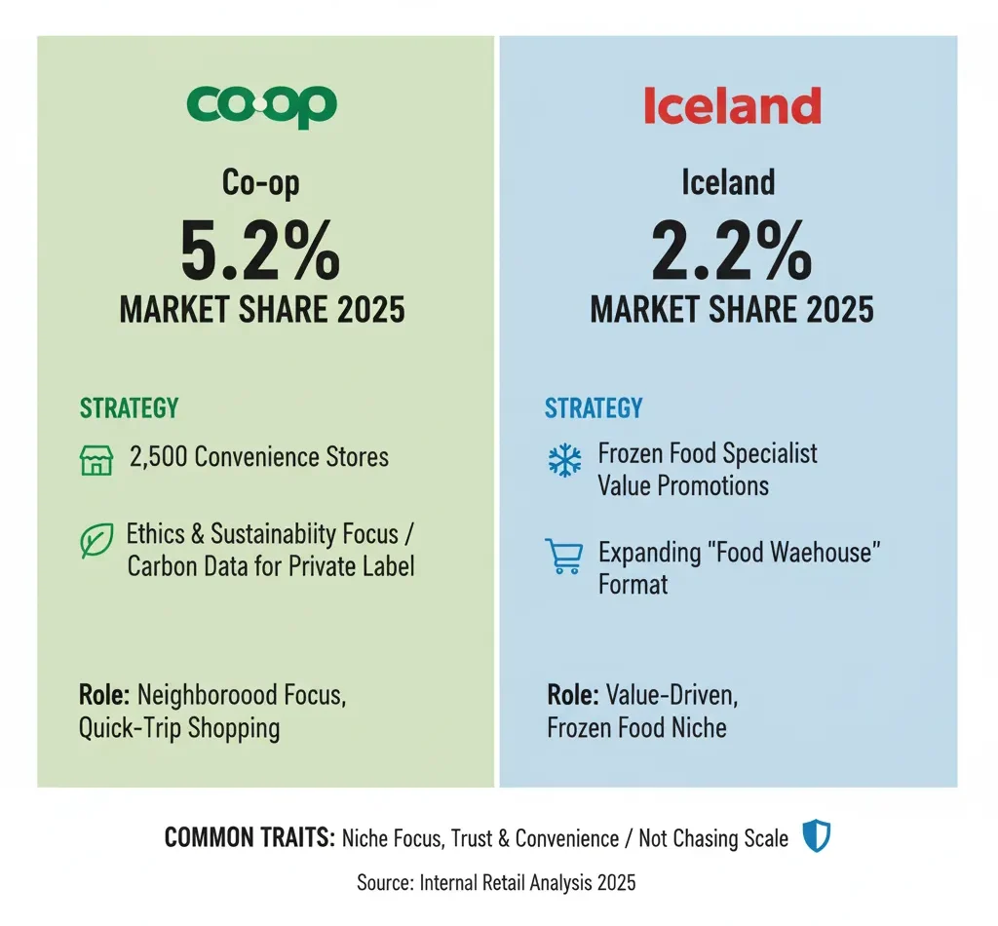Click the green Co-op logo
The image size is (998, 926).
[x=261, y=105]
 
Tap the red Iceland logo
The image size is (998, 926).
[x=732, y=105]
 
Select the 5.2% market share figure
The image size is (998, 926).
[x=261, y=251]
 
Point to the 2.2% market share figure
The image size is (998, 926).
[x=731, y=251]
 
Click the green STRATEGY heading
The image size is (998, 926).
[x=129, y=407]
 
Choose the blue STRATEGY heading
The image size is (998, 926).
[x=594, y=407]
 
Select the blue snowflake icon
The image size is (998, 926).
[x=564, y=461]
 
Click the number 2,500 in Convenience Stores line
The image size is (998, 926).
[x=158, y=457]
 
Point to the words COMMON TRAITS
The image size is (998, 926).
[x=249, y=837]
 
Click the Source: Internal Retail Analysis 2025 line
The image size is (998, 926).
[x=498, y=882]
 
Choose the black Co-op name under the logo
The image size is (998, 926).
[x=261, y=182]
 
